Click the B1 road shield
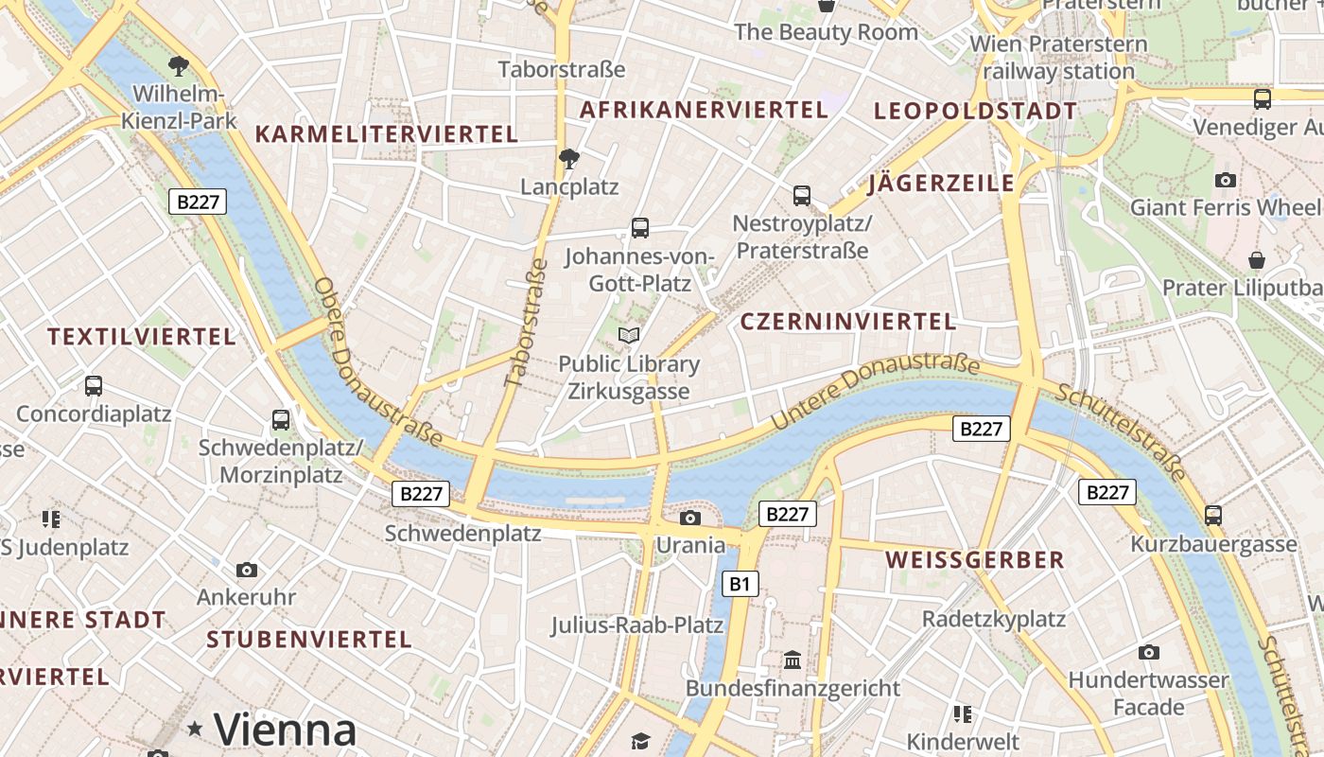(x=740, y=584)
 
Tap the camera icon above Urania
(x=690, y=518)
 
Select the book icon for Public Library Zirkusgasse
(x=629, y=335)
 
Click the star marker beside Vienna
(x=195, y=729)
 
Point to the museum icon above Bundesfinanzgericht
(x=793, y=660)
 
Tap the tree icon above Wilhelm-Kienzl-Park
(x=177, y=65)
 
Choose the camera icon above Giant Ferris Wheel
(x=1226, y=180)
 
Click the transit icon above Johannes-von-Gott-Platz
(x=640, y=227)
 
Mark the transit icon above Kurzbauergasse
(x=1213, y=516)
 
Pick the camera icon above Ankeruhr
(x=247, y=570)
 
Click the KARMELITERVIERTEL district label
(x=387, y=134)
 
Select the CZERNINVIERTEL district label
(x=848, y=322)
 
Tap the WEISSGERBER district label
(x=975, y=560)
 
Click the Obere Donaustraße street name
(x=376, y=361)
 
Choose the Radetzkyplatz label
(x=994, y=620)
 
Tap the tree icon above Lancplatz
(x=569, y=158)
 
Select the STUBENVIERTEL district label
(x=309, y=640)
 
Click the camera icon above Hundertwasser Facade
(x=1149, y=652)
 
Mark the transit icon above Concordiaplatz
(x=94, y=386)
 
